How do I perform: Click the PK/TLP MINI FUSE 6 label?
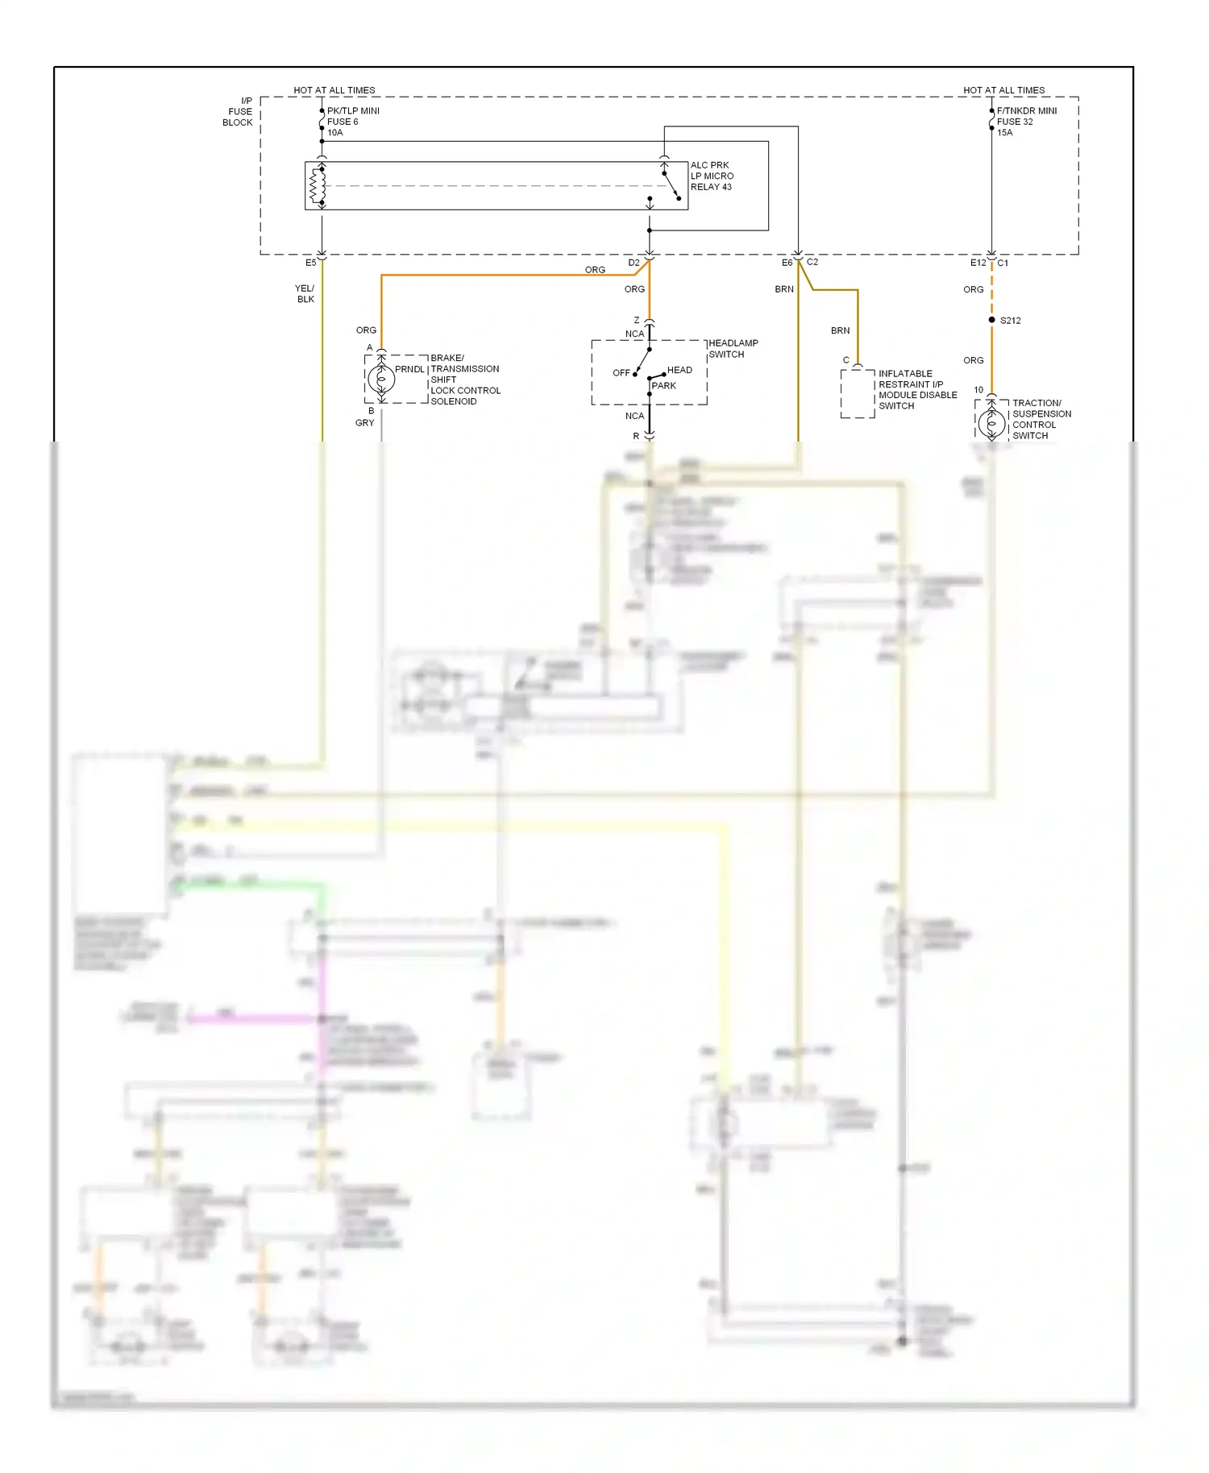352,122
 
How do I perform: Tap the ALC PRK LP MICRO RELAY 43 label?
712,176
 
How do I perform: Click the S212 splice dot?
991,320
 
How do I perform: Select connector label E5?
310,263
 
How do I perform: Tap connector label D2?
634,263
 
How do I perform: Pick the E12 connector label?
977,263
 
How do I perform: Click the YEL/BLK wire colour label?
305,293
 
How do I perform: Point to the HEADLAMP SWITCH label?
732,348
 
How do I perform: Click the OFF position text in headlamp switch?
621,373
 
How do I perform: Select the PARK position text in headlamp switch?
664,386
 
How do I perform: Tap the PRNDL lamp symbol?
381,378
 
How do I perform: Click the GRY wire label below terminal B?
364,422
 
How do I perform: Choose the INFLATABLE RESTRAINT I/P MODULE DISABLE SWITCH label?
916,390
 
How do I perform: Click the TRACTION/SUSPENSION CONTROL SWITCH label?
1041,419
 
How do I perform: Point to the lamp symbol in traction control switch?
991,422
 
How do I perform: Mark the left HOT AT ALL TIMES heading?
334,90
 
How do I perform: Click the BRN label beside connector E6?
783,289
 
